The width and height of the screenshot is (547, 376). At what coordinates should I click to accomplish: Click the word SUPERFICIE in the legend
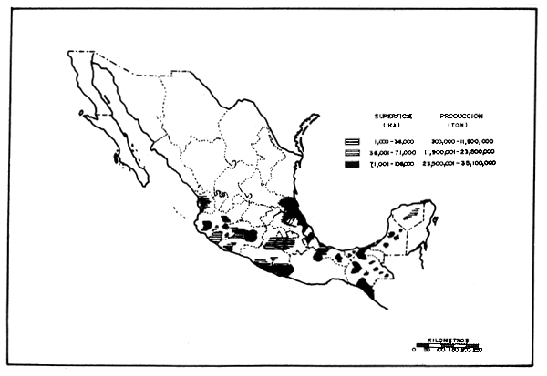[393, 117]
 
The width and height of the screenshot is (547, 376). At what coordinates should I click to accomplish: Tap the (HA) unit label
[393, 126]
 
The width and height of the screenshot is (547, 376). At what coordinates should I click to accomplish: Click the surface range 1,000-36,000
[393, 142]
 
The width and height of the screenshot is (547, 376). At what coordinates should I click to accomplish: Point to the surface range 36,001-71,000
[393, 153]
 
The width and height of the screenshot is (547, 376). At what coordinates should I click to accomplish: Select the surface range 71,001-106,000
[393, 164]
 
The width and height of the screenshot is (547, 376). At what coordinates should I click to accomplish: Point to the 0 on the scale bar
[416, 351]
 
